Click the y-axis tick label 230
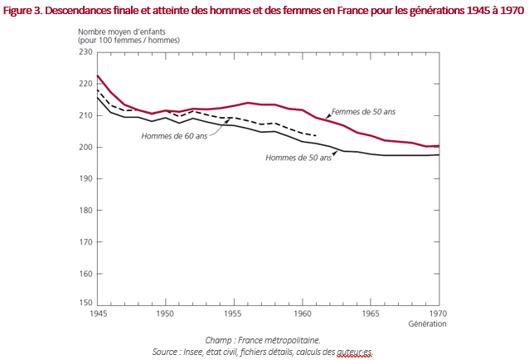pos(85,51)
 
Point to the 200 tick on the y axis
pos(85,147)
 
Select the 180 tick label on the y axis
pos(85,211)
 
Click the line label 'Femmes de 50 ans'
pos(363,112)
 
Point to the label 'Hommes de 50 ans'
pos(298,158)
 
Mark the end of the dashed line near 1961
pos(316,135)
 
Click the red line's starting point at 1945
pos(98,76)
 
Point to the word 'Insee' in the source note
pos(211,352)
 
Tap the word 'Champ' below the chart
pos(218,340)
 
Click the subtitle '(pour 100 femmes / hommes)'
pos(139,41)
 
